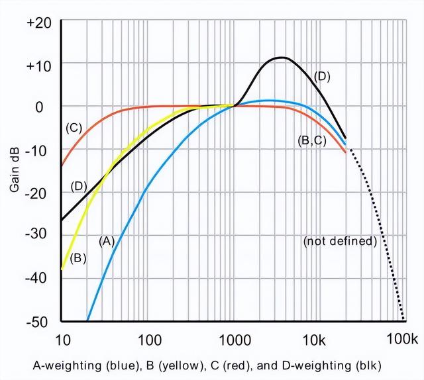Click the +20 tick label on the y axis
pos(38,22)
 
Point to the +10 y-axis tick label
pos(38,64)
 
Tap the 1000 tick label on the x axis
pos(233,341)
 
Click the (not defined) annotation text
pos(339,241)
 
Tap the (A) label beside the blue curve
pos(107,241)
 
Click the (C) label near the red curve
pos(73,128)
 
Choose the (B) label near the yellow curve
pos(78,258)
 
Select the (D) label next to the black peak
pos(322,76)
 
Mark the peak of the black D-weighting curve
pos(282,58)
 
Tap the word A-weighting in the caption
pos(60,365)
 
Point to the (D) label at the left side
pos(78,186)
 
